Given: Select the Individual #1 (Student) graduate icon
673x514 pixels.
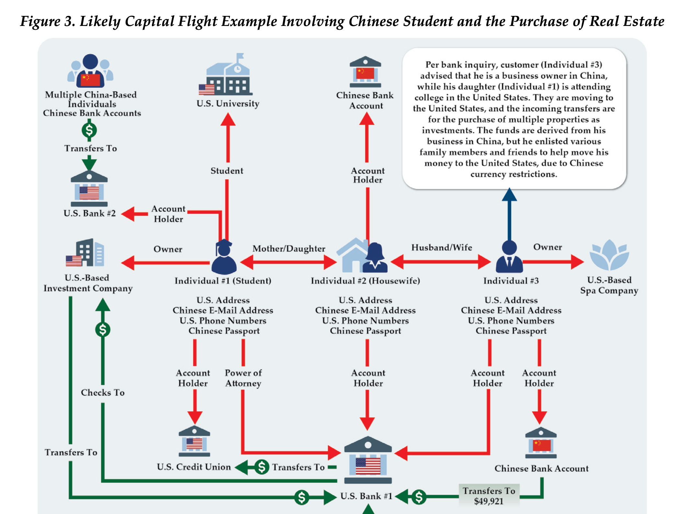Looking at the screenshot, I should tap(224, 258).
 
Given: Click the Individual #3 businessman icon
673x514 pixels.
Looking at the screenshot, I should tap(509, 257).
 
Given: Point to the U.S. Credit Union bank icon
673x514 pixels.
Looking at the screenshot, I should tap(194, 441).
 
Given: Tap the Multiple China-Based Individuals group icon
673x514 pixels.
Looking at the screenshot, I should tap(90, 71).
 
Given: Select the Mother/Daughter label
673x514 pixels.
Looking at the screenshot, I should tap(289, 249).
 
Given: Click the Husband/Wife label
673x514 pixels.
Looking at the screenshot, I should tap(441, 248).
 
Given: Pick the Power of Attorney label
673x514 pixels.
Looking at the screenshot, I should tap(243, 378).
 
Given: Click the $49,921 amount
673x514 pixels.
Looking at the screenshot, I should tap(488, 501).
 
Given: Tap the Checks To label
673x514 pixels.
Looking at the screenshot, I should tap(103, 392).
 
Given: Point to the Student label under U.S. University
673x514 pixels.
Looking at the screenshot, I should tap(227, 171).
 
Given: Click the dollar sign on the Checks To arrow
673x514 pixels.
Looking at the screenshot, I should tap(103, 330).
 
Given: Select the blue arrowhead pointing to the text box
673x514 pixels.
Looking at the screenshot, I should tap(509, 195).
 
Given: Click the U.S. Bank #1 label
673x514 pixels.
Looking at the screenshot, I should tap(366, 496).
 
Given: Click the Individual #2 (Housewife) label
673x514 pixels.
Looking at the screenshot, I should tap(365, 281).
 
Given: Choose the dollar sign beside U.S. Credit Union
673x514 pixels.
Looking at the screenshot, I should tap(262, 467).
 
